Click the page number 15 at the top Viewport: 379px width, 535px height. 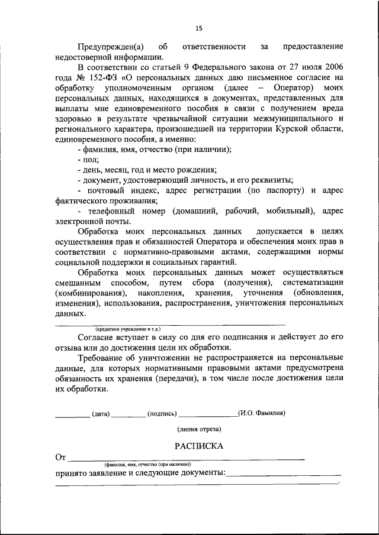(x=198, y=28)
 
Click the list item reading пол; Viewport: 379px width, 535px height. (x=88, y=159)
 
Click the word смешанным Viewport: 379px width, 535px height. (x=79, y=283)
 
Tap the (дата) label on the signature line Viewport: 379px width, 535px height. (x=101, y=414)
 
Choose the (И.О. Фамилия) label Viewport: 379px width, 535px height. (x=261, y=413)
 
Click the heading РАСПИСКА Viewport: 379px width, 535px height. (x=198, y=446)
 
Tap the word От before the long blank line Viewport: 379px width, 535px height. (x=60, y=457)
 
